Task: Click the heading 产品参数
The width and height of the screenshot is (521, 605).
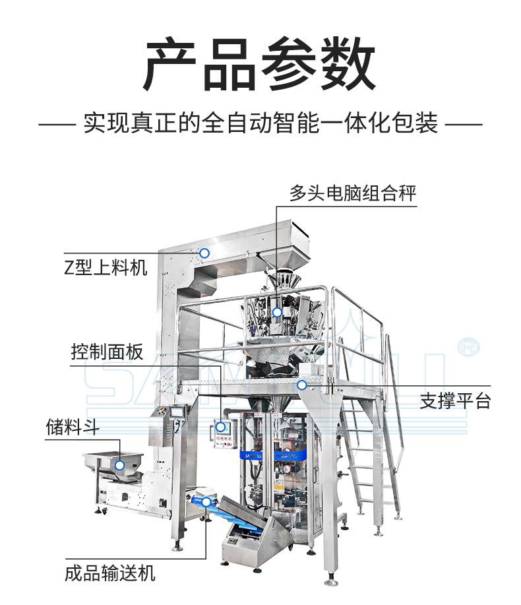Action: point(260,66)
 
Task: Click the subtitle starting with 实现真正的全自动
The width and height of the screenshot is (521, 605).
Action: point(260,123)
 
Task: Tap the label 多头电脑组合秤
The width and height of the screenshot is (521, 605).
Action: point(353,193)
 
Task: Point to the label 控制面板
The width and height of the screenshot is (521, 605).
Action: point(107,352)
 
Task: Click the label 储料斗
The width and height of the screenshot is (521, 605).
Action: point(73,427)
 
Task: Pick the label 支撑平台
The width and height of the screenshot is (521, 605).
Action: point(455,400)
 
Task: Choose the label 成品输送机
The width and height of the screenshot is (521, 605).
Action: point(110,572)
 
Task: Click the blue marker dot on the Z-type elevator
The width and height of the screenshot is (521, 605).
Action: point(204,253)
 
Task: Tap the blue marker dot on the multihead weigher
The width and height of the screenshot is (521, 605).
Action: point(277,312)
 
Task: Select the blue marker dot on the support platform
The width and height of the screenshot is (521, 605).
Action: point(301,385)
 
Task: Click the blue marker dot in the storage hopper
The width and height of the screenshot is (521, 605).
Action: point(119,465)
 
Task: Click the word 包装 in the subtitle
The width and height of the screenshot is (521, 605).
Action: point(422,123)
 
